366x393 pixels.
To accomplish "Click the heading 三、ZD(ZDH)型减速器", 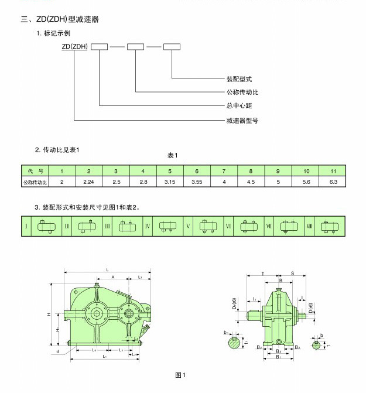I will tap(60, 19).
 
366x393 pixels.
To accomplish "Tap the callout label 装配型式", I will tap(239, 78).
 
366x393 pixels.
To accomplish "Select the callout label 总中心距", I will tap(239, 106).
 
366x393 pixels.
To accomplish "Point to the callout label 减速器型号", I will tap(242, 120).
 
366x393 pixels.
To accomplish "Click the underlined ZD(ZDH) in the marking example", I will tap(74, 46).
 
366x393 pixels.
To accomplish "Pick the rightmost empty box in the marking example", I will tap(172, 46).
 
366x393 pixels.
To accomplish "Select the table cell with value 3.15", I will tap(170, 183).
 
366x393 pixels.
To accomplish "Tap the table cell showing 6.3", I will tap(334, 183).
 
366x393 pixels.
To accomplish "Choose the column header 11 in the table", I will tap(334, 171).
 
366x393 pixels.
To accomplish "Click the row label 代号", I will tap(36, 171).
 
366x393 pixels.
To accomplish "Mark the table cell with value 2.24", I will tap(88, 183).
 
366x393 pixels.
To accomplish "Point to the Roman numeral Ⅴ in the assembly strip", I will tap(188, 226).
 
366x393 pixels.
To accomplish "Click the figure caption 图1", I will tap(180, 375).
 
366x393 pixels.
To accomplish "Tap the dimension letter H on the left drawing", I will tap(50, 315).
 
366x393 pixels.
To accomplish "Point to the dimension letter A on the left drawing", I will tap(112, 276).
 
